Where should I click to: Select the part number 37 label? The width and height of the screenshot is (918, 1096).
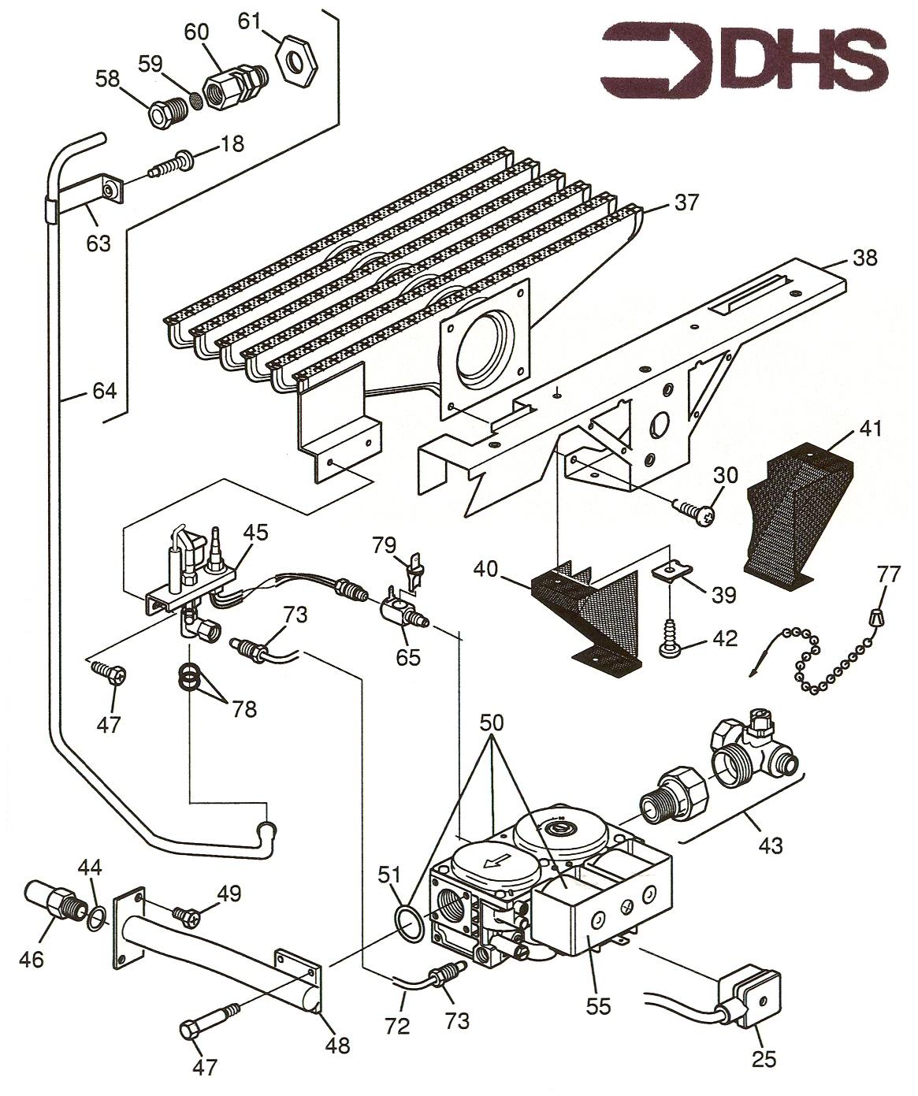coord(686,202)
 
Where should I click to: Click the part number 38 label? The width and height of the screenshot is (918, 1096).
coord(864,258)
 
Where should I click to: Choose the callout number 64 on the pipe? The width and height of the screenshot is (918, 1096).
coord(104,391)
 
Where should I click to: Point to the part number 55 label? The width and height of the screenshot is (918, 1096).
coord(598,1006)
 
